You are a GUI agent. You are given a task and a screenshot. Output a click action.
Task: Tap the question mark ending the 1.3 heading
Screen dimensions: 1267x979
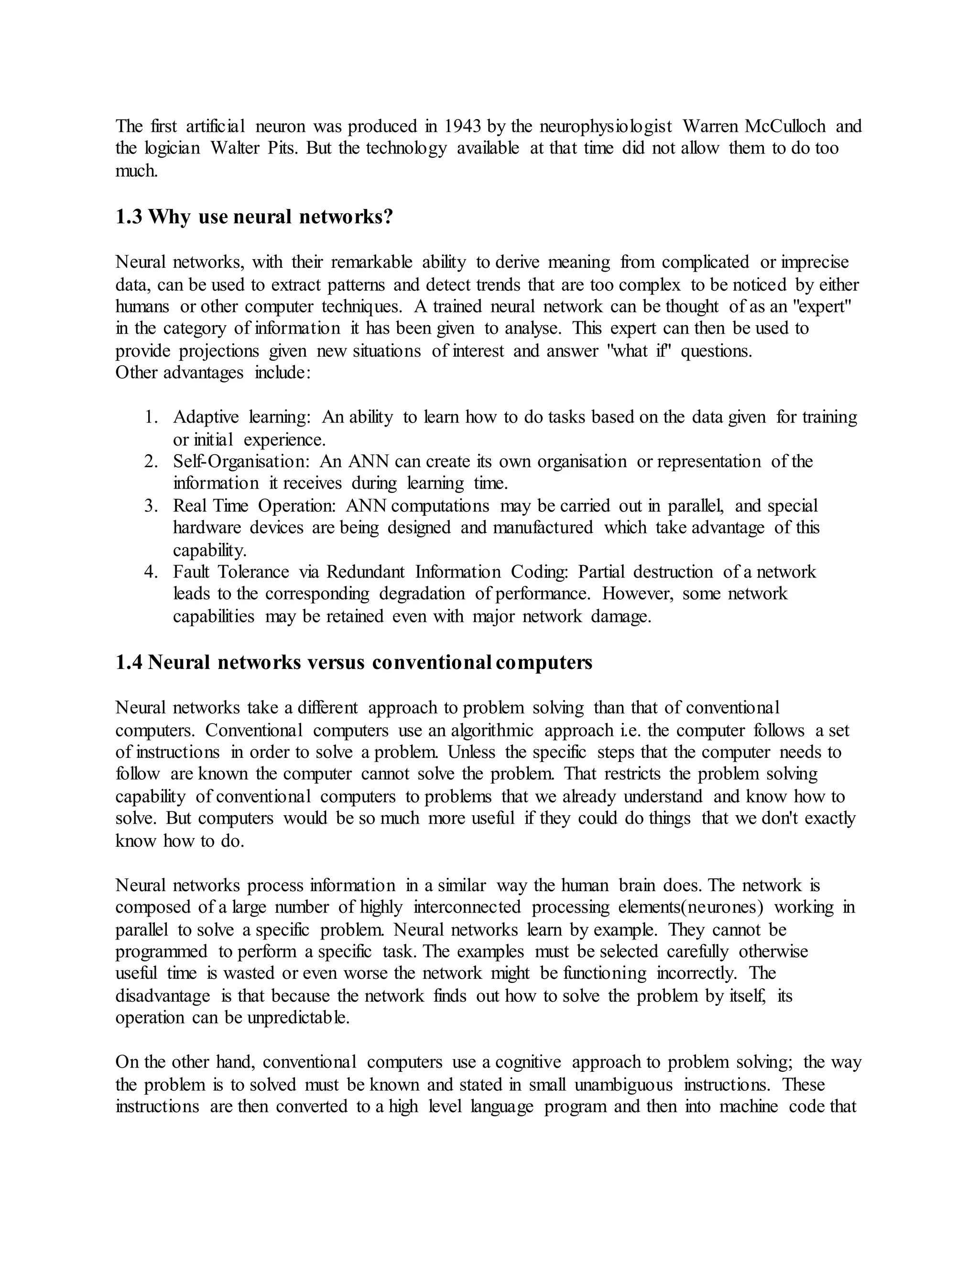point(388,217)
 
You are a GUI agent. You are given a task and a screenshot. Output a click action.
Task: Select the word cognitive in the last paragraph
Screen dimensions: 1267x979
point(528,1062)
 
